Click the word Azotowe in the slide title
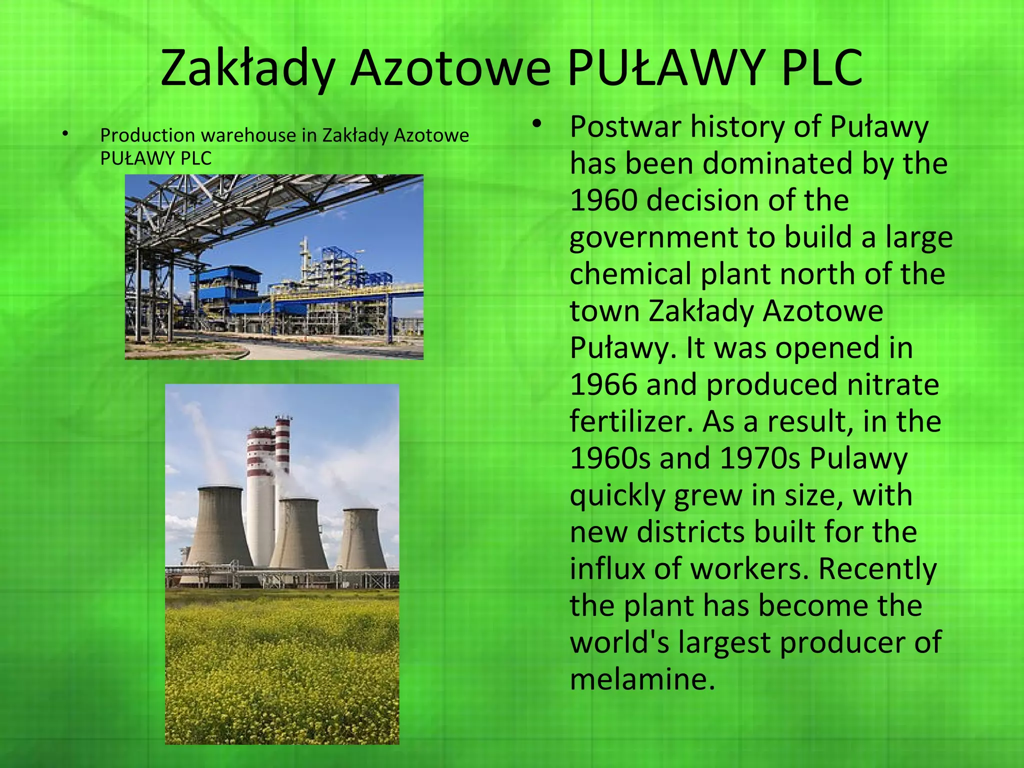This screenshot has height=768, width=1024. click(450, 68)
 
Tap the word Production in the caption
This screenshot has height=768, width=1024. click(147, 135)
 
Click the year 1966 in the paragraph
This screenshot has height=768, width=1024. click(603, 385)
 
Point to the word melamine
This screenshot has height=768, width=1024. click(642, 680)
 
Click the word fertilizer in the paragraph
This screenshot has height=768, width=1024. click(631, 421)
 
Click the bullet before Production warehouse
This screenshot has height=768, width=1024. click(64, 134)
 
